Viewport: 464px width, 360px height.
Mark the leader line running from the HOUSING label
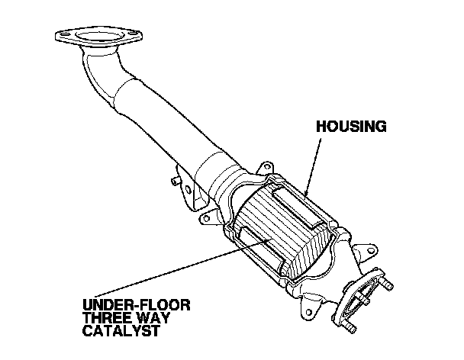point(314,160)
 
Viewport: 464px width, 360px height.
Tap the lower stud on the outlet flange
point(350,326)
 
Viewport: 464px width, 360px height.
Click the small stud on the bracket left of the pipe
point(176,181)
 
